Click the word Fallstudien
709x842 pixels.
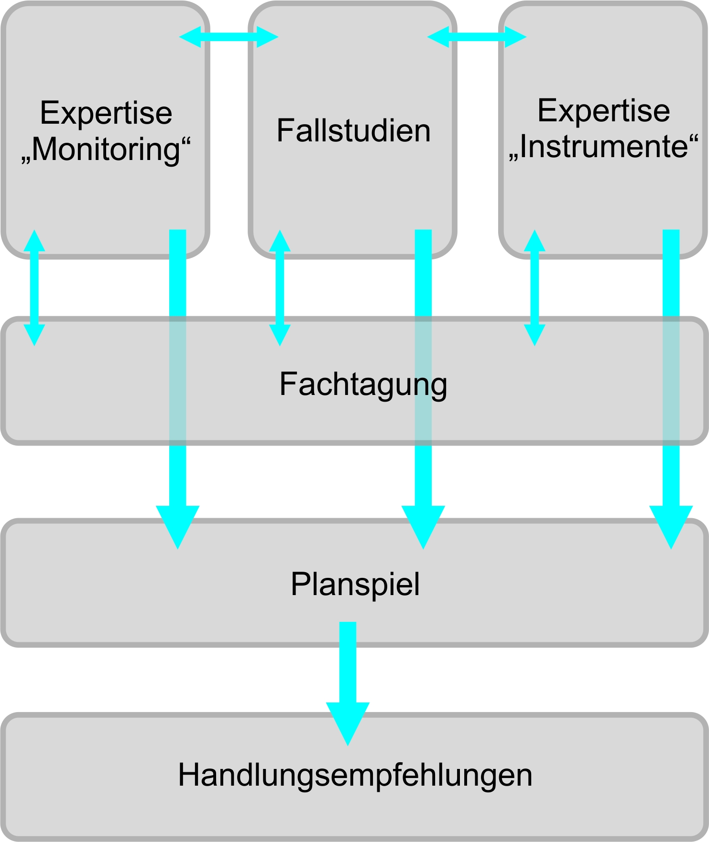[353, 130]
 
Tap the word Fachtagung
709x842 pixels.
[363, 384]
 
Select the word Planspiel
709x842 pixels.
[355, 584]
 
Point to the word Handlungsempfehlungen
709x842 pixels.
[355, 775]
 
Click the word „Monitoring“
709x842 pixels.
[106, 149]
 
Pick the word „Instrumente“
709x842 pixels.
[603, 146]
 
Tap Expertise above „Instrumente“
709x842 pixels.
[603, 110]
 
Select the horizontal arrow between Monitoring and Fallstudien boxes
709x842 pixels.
[229, 37]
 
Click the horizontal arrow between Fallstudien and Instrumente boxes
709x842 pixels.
[477, 37]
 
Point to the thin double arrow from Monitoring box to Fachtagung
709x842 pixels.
[34, 288]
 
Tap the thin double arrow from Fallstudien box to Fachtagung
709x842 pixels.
[280, 288]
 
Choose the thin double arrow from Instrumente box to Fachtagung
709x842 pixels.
[534, 288]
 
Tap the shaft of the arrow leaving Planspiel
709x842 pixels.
[348, 661]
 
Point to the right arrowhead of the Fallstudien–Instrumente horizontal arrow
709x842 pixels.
[515, 37]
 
